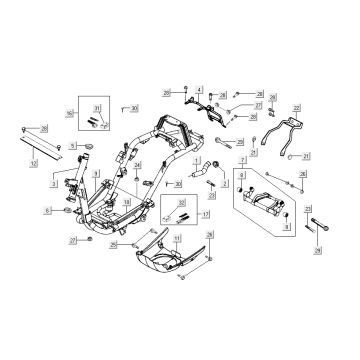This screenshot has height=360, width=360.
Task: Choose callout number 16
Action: [x=69, y=115]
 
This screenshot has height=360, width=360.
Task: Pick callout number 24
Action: [x=138, y=164]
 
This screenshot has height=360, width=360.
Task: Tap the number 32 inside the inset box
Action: [x=182, y=203]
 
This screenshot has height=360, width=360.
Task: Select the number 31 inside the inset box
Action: [x=97, y=107]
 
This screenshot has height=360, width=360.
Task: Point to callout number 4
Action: [x=200, y=91]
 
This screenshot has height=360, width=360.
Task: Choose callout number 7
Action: [x=245, y=159]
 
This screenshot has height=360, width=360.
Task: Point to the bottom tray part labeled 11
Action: [x=175, y=265]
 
